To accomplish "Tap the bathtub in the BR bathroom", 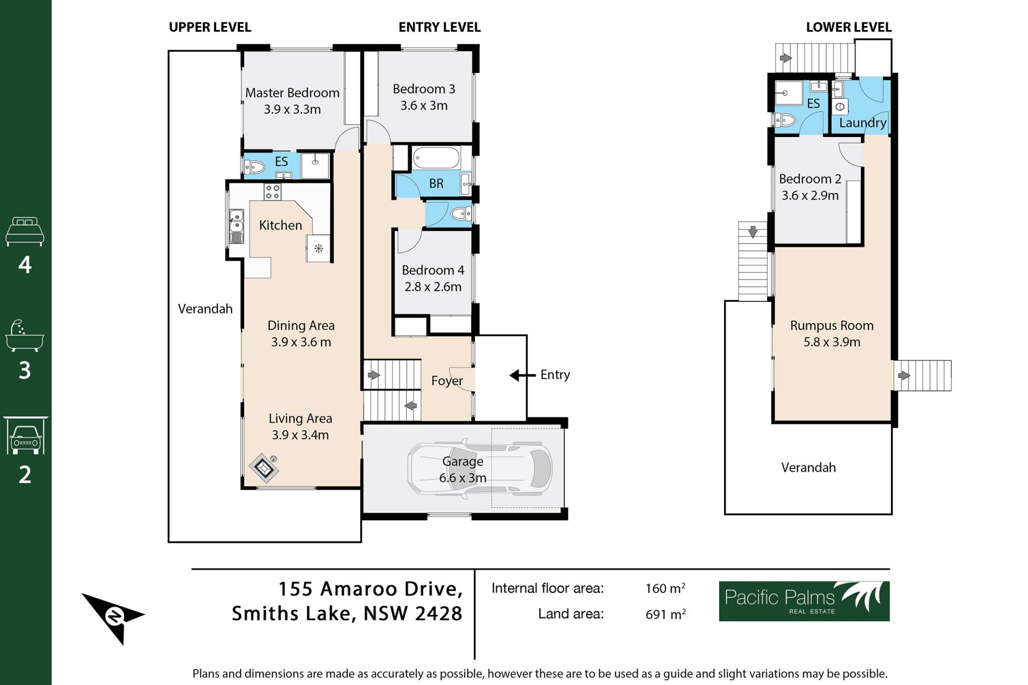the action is pyautogui.click(x=436, y=158).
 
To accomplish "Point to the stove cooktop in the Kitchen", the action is pyautogui.click(x=273, y=192).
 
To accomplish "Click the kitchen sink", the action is pyautogui.click(x=236, y=226).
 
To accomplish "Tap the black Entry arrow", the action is pyautogui.click(x=523, y=375).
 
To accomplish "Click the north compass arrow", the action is pyautogui.click(x=113, y=617).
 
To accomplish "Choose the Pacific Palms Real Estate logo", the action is pyautogui.click(x=804, y=601).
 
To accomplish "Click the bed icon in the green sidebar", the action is pyautogui.click(x=25, y=231).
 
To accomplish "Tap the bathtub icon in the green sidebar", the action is pyautogui.click(x=25, y=336).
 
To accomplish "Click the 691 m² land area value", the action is pyautogui.click(x=665, y=614).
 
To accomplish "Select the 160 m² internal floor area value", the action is pyautogui.click(x=665, y=588).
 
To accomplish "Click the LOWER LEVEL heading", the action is pyautogui.click(x=849, y=27).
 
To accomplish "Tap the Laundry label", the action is pyautogui.click(x=863, y=123).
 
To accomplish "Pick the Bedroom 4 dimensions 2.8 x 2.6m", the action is pyautogui.click(x=433, y=287).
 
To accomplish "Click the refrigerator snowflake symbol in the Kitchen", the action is pyautogui.click(x=319, y=248).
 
